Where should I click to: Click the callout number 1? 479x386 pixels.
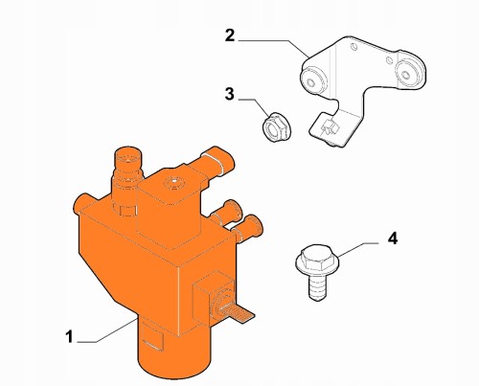(x=69, y=337)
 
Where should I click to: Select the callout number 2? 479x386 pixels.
(x=230, y=35)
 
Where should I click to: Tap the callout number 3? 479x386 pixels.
(x=229, y=94)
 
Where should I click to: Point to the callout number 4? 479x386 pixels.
(x=393, y=238)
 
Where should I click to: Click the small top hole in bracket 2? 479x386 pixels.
(x=353, y=47)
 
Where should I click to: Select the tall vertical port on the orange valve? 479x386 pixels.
(x=127, y=179)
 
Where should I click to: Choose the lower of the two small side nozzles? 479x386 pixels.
(x=248, y=227)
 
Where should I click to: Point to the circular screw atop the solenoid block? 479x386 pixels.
(x=174, y=183)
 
